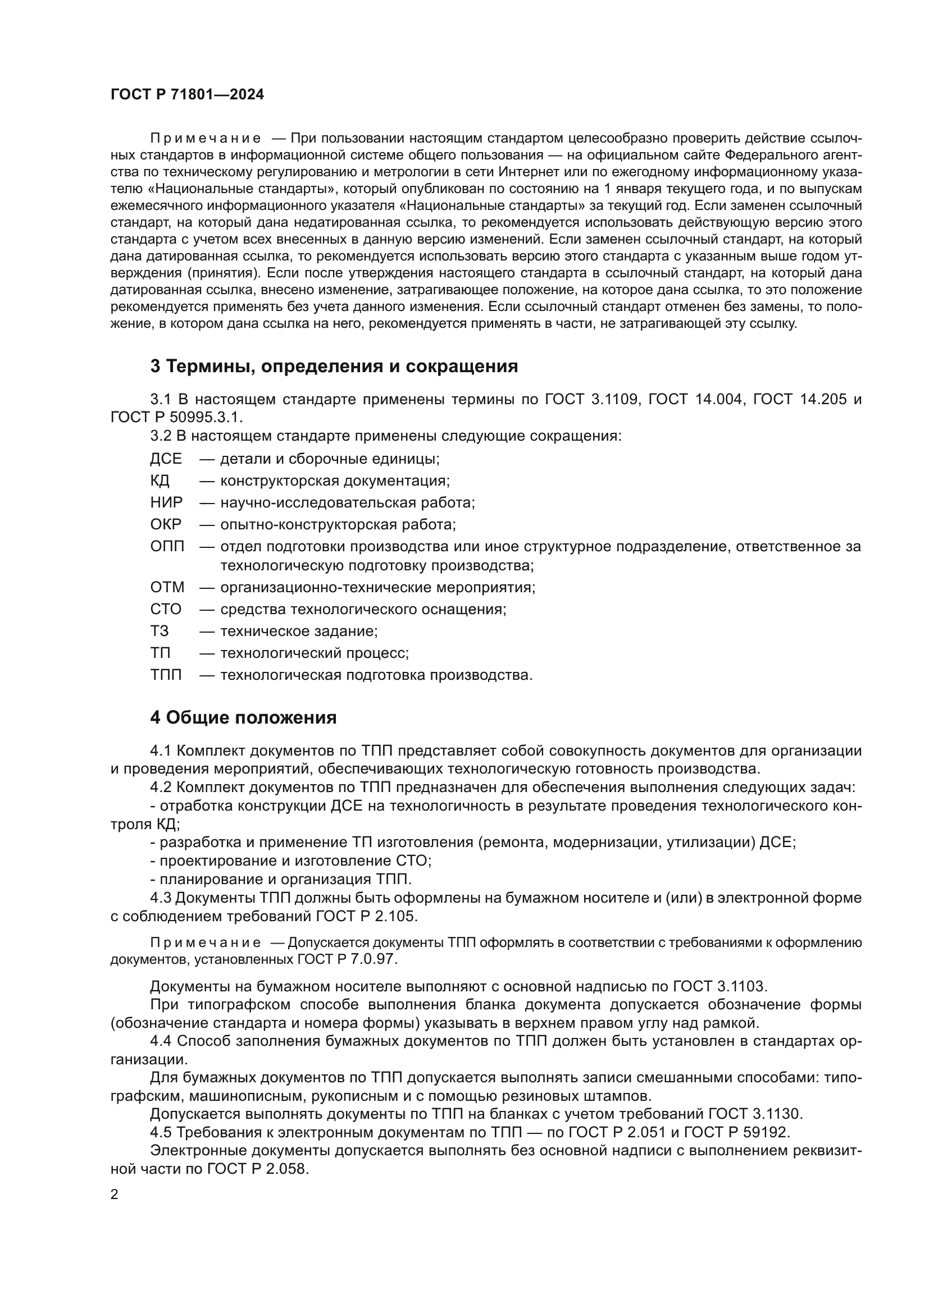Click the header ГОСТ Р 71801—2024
pos(187,95)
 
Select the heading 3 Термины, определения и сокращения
pos(334,367)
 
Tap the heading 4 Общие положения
pos(243,718)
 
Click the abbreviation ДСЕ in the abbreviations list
pos(166,459)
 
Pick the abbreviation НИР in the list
pos(166,502)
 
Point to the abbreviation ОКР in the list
pos(166,524)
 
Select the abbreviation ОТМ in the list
pos(167,587)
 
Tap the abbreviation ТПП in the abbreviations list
pos(166,675)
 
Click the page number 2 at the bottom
pos(115,1195)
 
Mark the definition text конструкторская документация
pos(335,481)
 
